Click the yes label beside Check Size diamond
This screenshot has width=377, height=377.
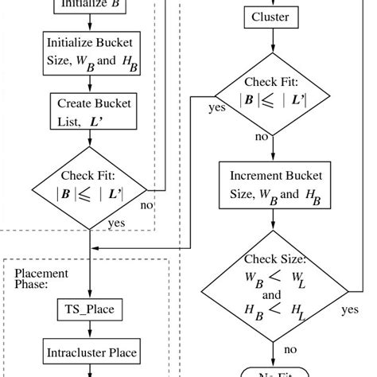coord(349,309)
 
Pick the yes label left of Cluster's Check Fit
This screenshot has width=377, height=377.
coord(216,107)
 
